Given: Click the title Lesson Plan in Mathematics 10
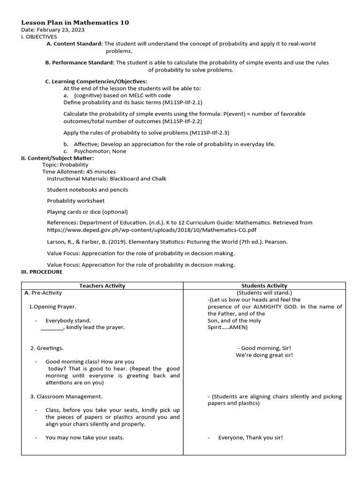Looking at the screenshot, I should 75,22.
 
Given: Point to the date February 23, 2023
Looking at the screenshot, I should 53,30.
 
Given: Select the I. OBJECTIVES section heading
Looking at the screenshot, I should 39,37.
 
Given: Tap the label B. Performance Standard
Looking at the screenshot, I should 80,62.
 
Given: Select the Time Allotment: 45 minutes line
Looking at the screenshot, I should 79,172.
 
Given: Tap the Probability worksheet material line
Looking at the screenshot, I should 75,201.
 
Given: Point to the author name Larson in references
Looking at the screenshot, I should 56,242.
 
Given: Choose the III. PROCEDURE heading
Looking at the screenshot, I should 42,272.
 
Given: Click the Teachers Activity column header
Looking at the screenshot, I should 102,285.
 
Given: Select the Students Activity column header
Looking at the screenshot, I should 264,285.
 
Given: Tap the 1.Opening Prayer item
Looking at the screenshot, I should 49,307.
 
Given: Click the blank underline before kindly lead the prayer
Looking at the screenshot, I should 52,327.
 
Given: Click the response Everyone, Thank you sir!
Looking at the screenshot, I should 250,438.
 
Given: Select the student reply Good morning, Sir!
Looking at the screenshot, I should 264,348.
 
